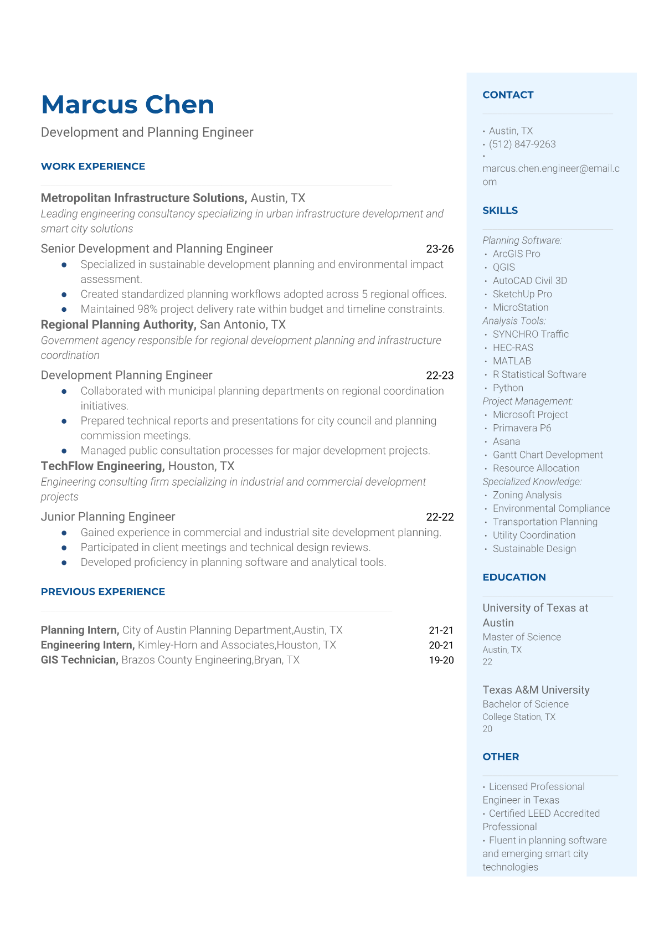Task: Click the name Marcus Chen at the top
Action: click(x=127, y=105)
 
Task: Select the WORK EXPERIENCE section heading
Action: click(x=93, y=167)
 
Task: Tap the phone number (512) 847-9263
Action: click(x=522, y=145)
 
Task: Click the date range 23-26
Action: click(x=440, y=249)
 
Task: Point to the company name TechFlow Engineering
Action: click(x=102, y=466)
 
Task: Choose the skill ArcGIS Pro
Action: click(x=516, y=254)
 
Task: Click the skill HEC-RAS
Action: click(x=513, y=348)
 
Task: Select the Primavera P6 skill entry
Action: click(x=522, y=428)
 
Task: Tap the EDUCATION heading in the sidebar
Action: click(x=514, y=577)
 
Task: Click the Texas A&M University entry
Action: click(x=536, y=690)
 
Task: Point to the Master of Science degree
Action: click(x=522, y=637)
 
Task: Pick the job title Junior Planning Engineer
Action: click(x=108, y=517)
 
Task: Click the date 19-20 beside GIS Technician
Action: click(x=441, y=660)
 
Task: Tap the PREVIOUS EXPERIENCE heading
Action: click(x=103, y=592)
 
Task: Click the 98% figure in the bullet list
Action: click(x=147, y=309)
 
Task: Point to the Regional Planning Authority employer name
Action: click(x=118, y=325)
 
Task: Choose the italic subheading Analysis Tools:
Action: click(x=514, y=321)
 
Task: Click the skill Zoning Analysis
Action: click(x=527, y=495)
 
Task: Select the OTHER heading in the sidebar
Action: click(x=501, y=756)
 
